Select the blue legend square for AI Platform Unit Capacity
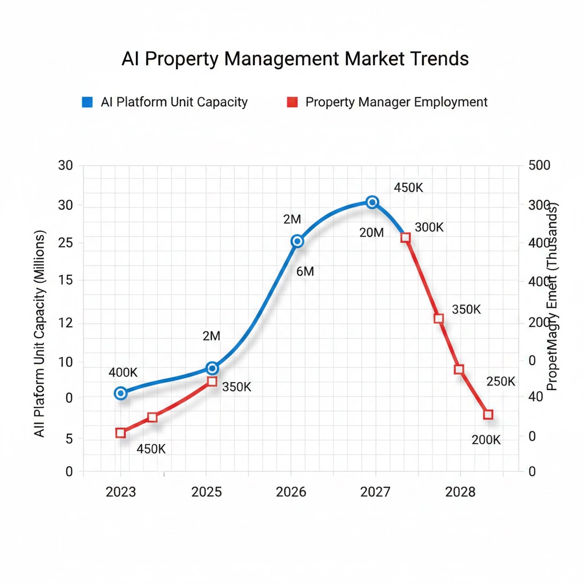[x=87, y=102]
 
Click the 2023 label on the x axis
[x=121, y=492]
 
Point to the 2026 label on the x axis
[x=291, y=492]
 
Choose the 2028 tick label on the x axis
[x=460, y=492]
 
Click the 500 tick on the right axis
[x=539, y=166]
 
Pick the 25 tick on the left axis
[x=66, y=243]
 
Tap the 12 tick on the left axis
[x=66, y=323]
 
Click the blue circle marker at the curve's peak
[x=372, y=202]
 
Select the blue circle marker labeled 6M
[x=297, y=241]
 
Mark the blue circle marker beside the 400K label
[x=121, y=393]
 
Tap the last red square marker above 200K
[x=488, y=415]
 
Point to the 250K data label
[x=500, y=382]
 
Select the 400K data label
[x=123, y=372]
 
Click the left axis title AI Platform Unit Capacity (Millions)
[x=39, y=334]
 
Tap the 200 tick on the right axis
[x=539, y=322]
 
